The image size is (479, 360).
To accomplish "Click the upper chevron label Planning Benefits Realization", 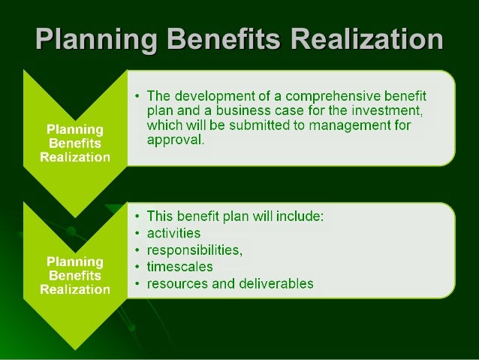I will (75, 139).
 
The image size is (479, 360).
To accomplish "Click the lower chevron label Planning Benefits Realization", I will (75, 274).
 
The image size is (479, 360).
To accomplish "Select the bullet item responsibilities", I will (193, 250).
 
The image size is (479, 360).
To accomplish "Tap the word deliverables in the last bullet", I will (274, 283).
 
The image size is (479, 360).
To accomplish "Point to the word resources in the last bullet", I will (174, 283).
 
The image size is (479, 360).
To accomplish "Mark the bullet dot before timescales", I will (137, 267).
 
